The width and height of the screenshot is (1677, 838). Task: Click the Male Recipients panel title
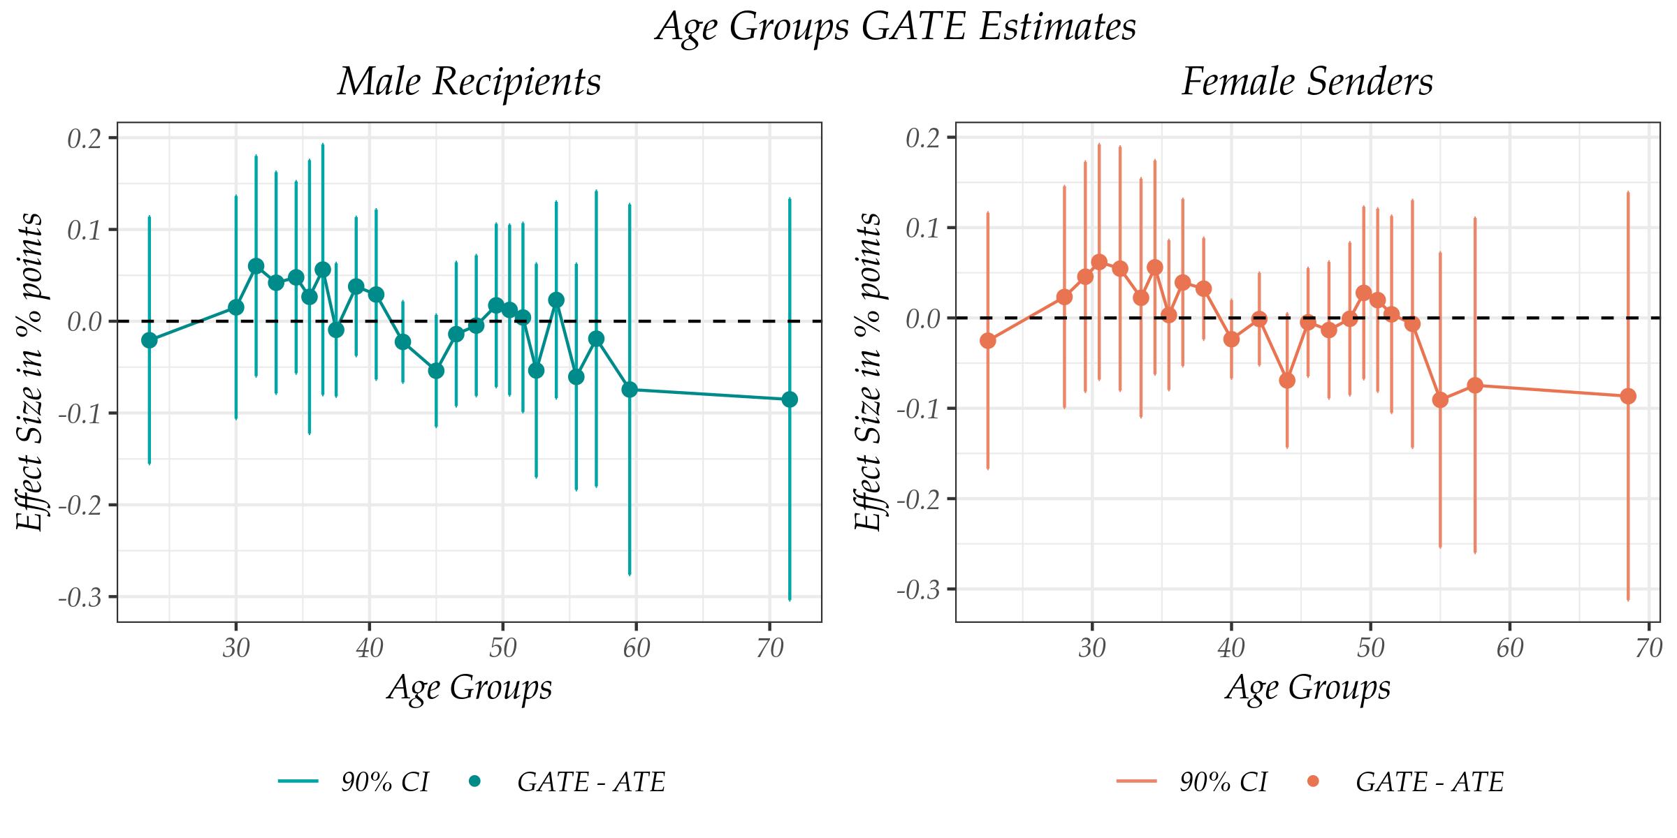click(469, 82)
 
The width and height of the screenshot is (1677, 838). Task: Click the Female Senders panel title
click(1307, 82)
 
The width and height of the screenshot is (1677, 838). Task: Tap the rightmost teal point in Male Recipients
click(790, 399)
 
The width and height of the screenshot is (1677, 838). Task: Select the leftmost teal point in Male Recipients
click(149, 340)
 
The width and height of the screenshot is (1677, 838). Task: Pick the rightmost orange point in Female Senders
click(1628, 396)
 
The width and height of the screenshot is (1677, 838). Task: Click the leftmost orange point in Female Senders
click(987, 340)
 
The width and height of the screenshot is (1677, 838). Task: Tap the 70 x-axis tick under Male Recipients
click(769, 649)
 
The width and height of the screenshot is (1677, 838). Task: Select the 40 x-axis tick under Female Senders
click(1231, 649)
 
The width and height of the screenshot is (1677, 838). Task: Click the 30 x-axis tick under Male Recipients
click(236, 649)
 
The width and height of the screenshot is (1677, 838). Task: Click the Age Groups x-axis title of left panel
click(469, 687)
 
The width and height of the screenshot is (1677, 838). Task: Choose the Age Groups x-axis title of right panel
click(1307, 687)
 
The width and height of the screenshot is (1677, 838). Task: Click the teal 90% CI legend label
click(384, 782)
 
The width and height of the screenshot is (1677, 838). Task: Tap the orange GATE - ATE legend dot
click(1313, 781)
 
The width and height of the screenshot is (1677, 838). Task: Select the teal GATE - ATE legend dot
click(475, 781)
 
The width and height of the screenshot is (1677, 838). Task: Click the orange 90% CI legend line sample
click(1137, 781)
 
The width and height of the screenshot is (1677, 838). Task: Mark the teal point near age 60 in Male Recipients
click(630, 389)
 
